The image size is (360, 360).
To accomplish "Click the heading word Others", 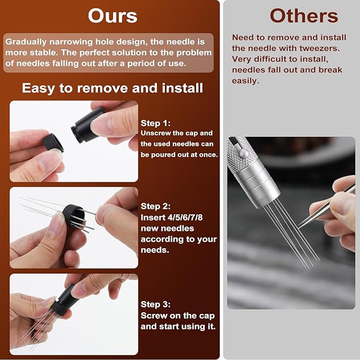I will click(x=304, y=16).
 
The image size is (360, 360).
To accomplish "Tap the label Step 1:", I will click(x=156, y=124).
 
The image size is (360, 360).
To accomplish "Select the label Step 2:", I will click(x=156, y=206).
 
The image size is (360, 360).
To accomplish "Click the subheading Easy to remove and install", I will click(x=112, y=88).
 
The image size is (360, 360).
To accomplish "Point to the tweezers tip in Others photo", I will click(x=300, y=225).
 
